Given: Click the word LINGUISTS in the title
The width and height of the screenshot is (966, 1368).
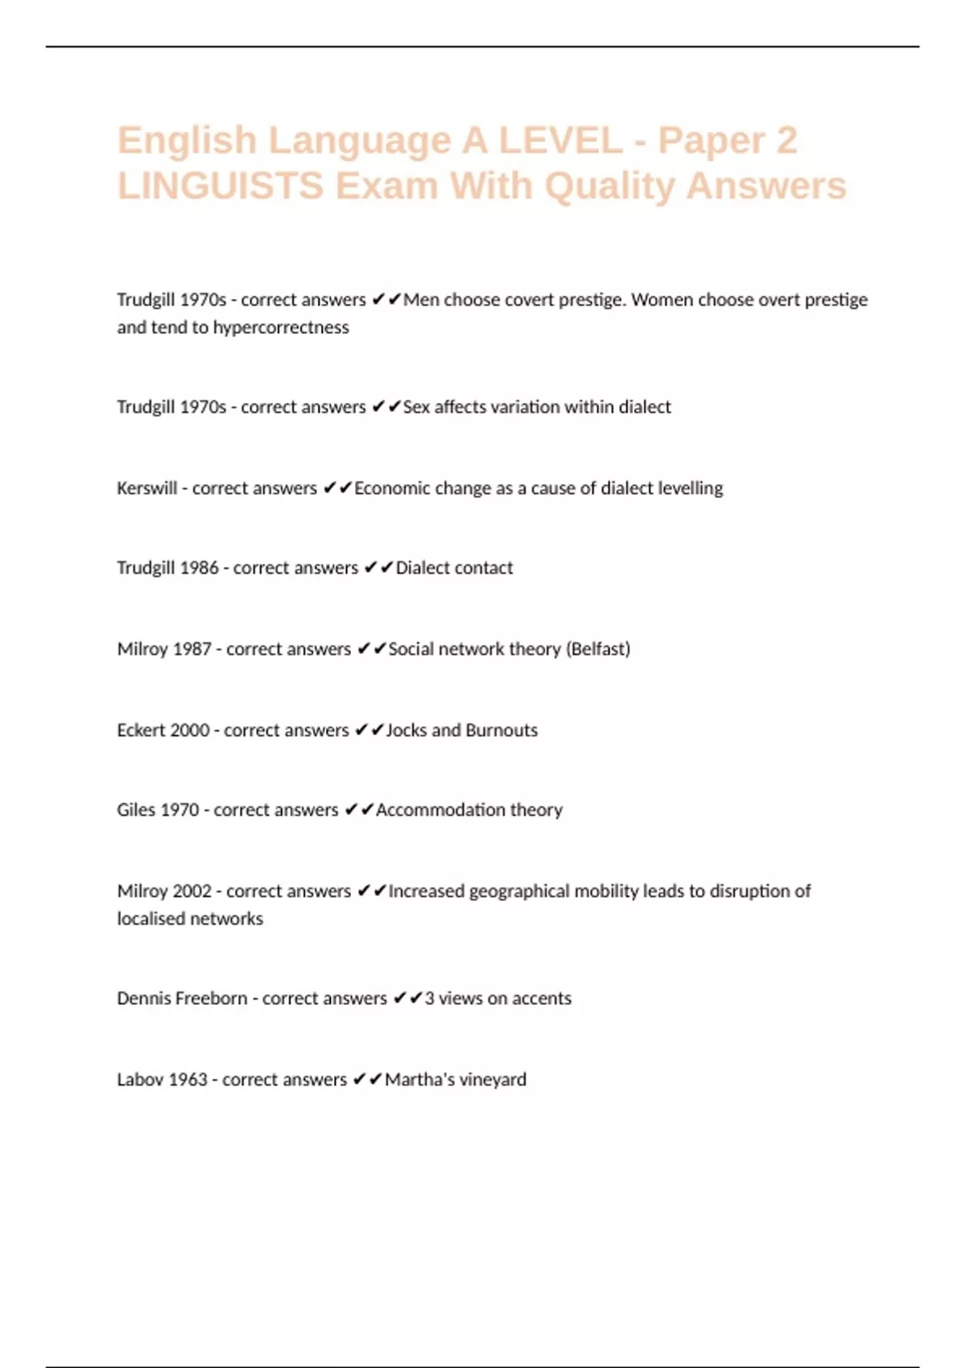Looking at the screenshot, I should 221,186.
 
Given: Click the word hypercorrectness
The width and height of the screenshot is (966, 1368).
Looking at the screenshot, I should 280,328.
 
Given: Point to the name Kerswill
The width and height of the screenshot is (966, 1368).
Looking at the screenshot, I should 147,488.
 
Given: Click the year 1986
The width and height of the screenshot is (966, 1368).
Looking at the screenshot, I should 199,568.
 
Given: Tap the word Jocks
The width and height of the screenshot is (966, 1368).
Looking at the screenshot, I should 406,731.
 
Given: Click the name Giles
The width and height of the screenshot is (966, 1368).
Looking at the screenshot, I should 136,810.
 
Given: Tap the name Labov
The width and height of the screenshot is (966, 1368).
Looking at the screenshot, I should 138,1080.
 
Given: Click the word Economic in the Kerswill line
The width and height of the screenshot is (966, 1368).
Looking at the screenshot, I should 392,488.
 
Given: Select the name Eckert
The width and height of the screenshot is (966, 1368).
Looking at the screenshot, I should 140,731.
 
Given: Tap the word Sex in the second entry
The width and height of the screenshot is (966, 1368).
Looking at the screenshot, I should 416,407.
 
